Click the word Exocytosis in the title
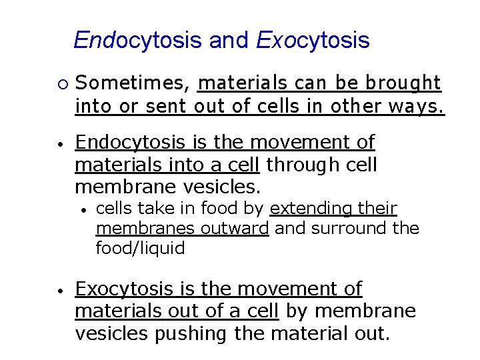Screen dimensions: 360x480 tap(313, 41)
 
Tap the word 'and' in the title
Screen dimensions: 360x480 tap(229, 41)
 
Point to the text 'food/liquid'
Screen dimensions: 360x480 tap(140, 249)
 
